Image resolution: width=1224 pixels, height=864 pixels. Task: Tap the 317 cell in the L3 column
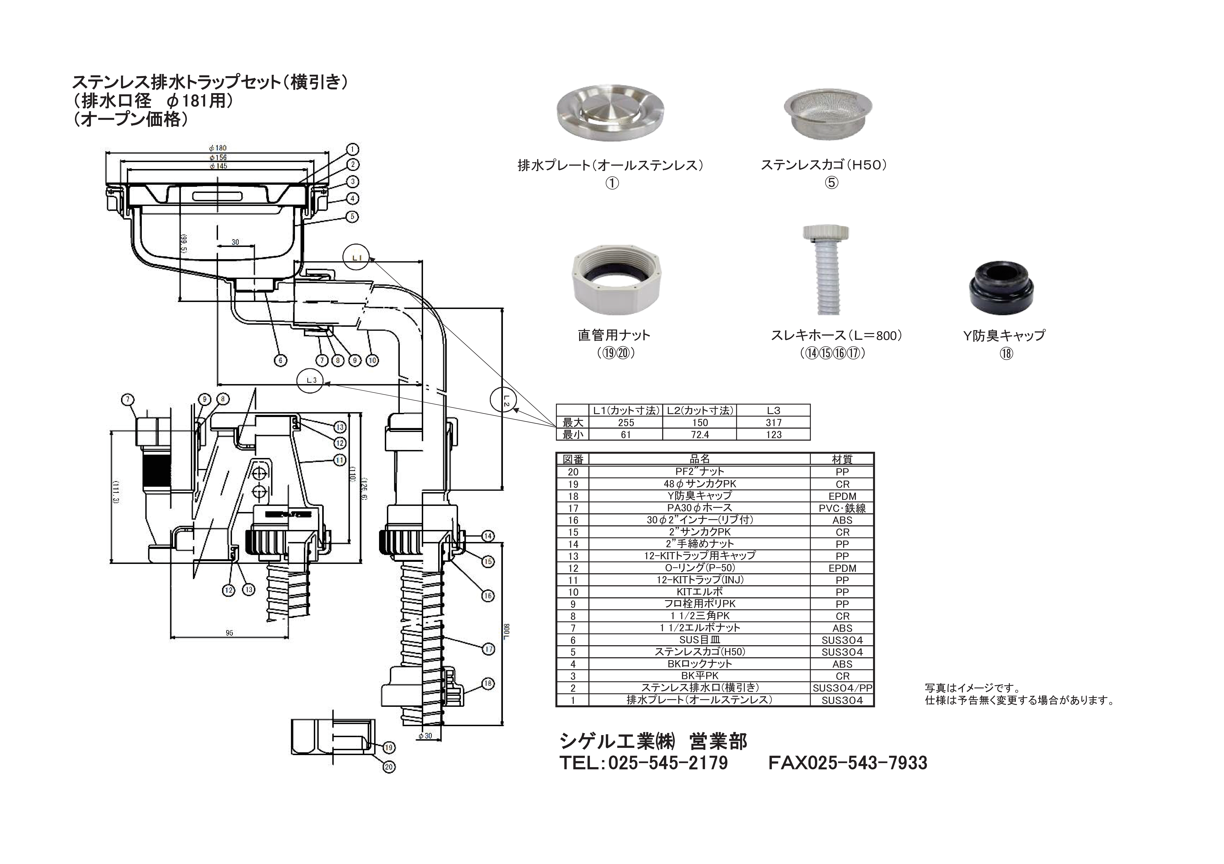click(773, 422)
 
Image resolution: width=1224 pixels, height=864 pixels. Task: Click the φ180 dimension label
click(218, 148)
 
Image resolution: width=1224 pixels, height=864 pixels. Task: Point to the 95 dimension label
click(229, 633)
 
